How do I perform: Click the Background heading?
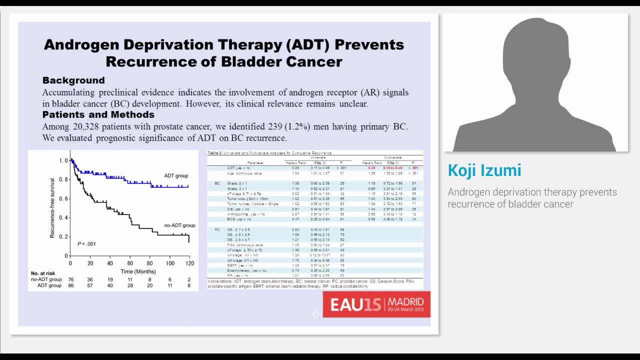click(73, 80)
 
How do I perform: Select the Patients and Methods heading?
click(98, 115)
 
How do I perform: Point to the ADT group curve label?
click(176, 176)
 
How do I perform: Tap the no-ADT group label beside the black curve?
click(179, 225)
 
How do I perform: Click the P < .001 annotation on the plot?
click(86, 244)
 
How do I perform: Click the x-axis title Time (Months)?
click(138, 271)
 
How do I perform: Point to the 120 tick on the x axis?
click(189, 263)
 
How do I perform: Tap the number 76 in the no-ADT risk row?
click(71, 279)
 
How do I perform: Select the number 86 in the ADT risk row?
click(71, 285)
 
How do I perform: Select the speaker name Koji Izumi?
click(484, 170)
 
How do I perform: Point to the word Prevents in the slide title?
click(369, 44)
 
